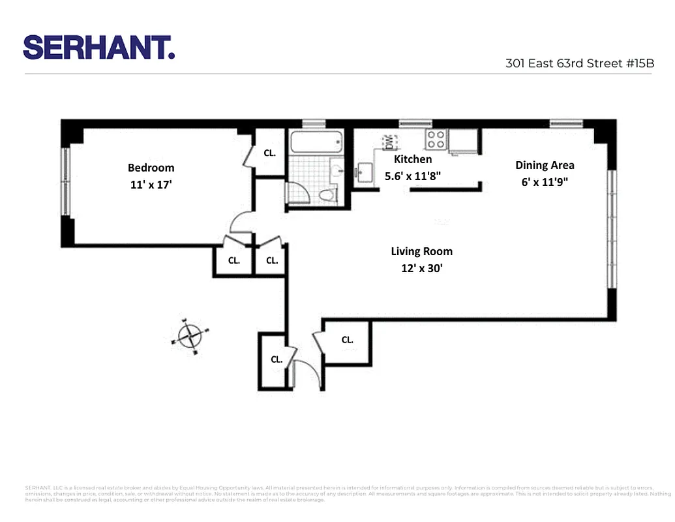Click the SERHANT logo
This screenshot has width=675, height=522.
[x=99, y=48]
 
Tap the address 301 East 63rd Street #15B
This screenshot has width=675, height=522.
[x=579, y=64]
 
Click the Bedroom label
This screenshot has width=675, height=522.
[x=151, y=168]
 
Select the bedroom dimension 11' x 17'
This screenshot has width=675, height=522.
[x=151, y=185]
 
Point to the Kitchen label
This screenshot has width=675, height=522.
[x=413, y=159]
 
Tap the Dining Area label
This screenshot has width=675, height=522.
[x=545, y=165]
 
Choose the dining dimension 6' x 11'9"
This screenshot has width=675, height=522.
[x=545, y=182]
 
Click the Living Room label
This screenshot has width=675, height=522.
[x=421, y=251]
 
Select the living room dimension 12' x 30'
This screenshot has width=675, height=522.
[x=421, y=268]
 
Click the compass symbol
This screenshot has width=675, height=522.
[x=190, y=336]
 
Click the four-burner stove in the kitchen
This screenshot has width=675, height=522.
[x=436, y=138]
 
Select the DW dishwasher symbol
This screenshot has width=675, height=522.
[x=389, y=140]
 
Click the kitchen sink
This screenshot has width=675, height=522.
[x=364, y=173]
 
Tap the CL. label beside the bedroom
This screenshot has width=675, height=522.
[x=269, y=153]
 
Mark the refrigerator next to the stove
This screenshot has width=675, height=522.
[x=464, y=141]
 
